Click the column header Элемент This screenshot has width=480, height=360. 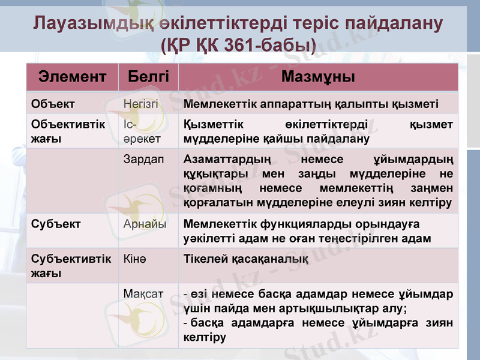pyautogui.click(x=73, y=77)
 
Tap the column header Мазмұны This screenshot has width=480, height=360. pyautogui.click(x=318, y=77)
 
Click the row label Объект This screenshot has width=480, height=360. pyautogui.click(x=53, y=104)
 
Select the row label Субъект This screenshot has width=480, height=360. pyautogui.click(x=56, y=223)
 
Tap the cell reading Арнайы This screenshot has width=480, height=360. pyautogui.click(x=144, y=223)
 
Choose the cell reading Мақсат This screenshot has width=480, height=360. pyautogui.click(x=143, y=295)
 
